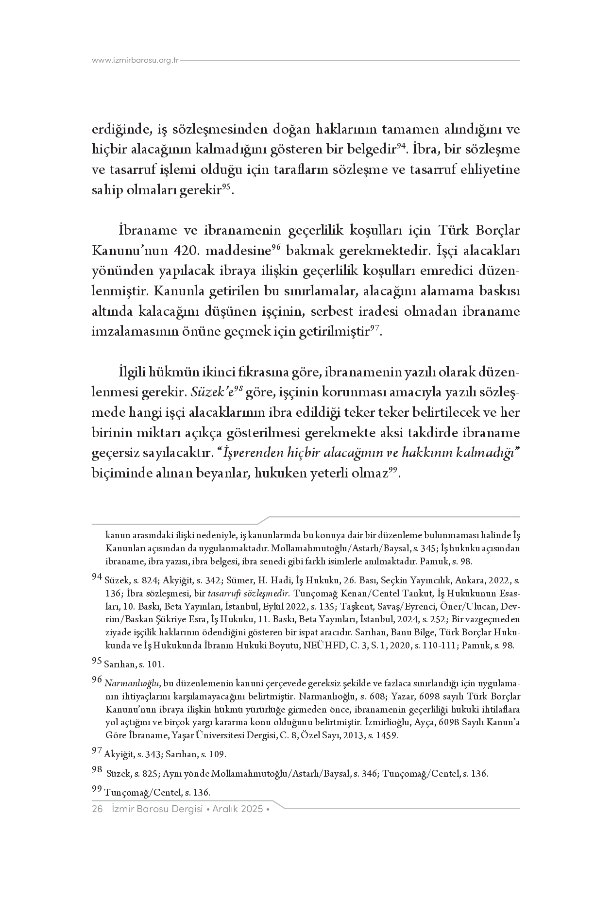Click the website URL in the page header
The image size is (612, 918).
click(136, 61)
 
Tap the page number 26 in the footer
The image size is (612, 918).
click(97, 809)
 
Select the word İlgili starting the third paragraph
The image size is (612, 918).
click(133, 372)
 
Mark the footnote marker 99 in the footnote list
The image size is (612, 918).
click(97, 791)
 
